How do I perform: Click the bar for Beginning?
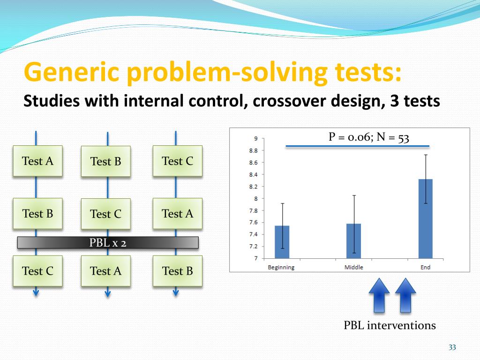[x=282, y=242]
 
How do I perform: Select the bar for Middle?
[x=353, y=241]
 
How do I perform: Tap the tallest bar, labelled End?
[x=426, y=219]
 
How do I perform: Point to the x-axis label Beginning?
[x=281, y=267]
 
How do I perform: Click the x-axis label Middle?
[x=353, y=267]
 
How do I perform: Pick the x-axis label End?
[x=425, y=267]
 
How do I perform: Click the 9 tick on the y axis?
[x=255, y=139]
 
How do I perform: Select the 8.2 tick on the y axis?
[x=253, y=187]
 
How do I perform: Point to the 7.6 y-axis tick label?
[x=253, y=222]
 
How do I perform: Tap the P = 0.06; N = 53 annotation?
[x=368, y=137]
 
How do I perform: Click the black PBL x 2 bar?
[x=108, y=242]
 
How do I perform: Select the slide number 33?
[x=452, y=347]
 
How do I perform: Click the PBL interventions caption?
[x=390, y=325]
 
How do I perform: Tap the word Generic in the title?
[x=71, y=72]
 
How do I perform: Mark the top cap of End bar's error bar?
[x=426, y=155]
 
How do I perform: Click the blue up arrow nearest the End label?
[x=405, y=295]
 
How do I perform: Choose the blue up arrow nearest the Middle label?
[x=379, y=295]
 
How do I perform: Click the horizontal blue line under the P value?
[x=358, y=146]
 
